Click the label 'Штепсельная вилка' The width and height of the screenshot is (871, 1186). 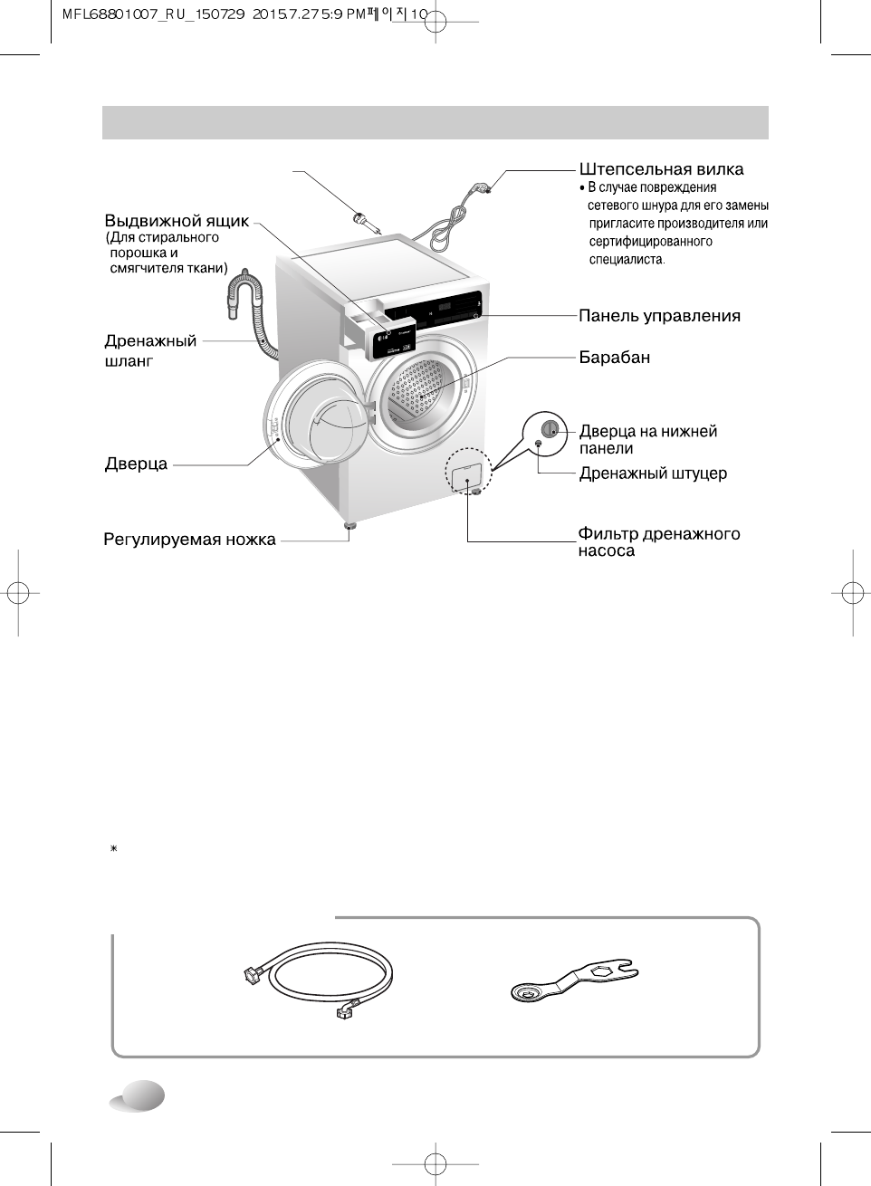[661, 169]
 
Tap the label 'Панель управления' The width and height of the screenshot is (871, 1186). [659, 316]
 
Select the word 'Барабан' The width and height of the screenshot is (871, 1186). [615, 357]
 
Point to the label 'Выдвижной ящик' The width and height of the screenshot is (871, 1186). [177, 221]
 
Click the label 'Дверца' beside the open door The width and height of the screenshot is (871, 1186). [136, 464]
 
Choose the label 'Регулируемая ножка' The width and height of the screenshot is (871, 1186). [189, 540]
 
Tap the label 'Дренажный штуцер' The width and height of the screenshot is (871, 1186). [653, 473]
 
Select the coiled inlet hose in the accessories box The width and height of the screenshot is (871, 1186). [318, 978]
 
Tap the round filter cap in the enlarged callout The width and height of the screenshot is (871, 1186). [549, 429]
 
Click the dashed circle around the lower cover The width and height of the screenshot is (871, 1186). [468, 470]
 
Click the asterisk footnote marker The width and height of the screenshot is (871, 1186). [114, 848]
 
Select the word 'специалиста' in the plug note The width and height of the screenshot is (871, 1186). [626, 259]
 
